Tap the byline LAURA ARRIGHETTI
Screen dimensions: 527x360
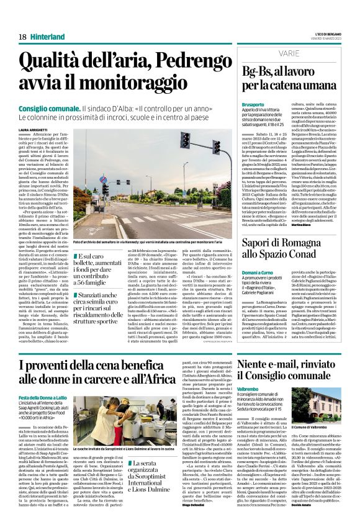pos(33,112)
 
